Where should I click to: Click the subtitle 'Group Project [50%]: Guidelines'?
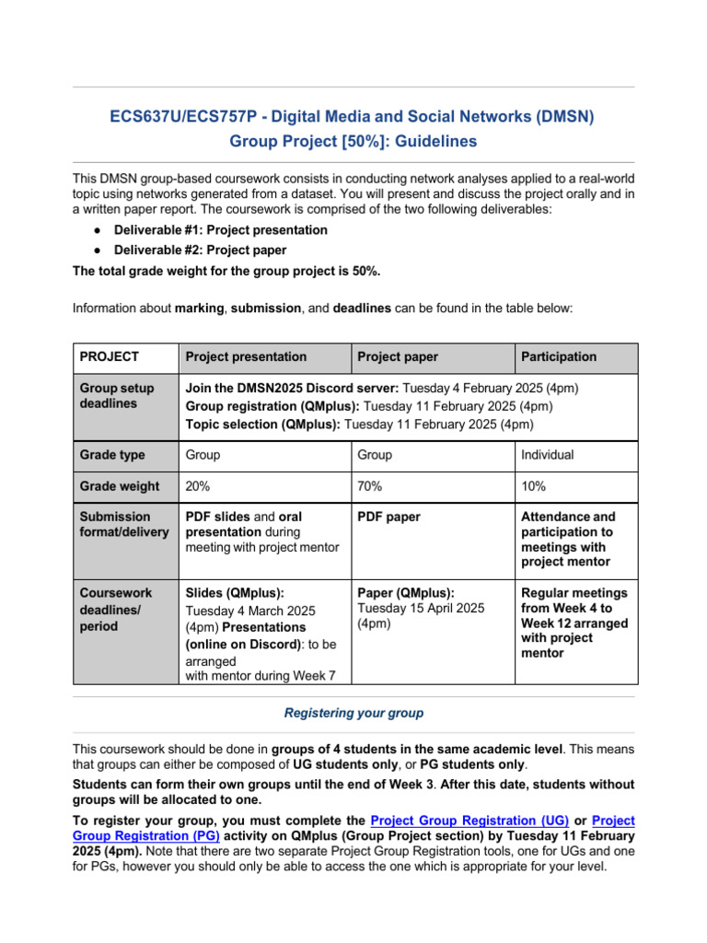tap(353, 142)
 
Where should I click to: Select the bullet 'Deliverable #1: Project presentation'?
tap(220, 229)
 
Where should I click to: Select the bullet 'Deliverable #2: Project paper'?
tap(200, 250)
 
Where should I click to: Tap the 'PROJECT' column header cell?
tap(110, 356)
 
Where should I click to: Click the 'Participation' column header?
tap(559, 356)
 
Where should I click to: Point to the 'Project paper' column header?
tap(398, 356)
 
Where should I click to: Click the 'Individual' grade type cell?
tap(548, 455)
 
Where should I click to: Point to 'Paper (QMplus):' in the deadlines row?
tap(406, 593)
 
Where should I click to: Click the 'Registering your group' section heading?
tap(353, 713)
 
